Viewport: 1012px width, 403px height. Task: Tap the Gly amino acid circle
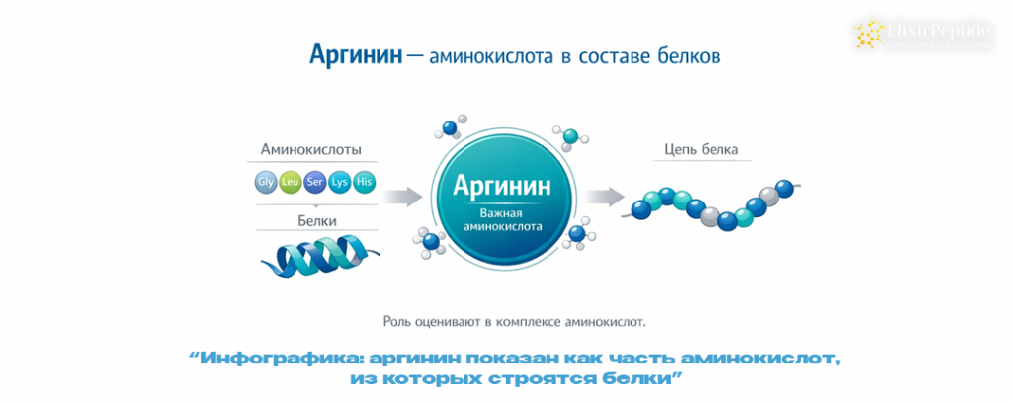(265, 182)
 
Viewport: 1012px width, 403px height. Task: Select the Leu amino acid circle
(290, 182)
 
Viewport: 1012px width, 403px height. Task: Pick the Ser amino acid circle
(314, 182)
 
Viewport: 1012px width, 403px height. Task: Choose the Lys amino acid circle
(339, 182)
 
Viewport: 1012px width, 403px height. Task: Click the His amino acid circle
(364, 182)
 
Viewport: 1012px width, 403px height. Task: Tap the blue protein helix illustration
(316, 257)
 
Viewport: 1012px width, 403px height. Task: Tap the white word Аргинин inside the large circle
(501, 186)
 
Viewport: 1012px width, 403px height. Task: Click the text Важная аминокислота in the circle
(501, 219)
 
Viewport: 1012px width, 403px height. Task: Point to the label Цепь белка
(696, 150)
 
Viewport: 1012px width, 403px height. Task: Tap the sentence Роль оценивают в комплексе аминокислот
(514, 320)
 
